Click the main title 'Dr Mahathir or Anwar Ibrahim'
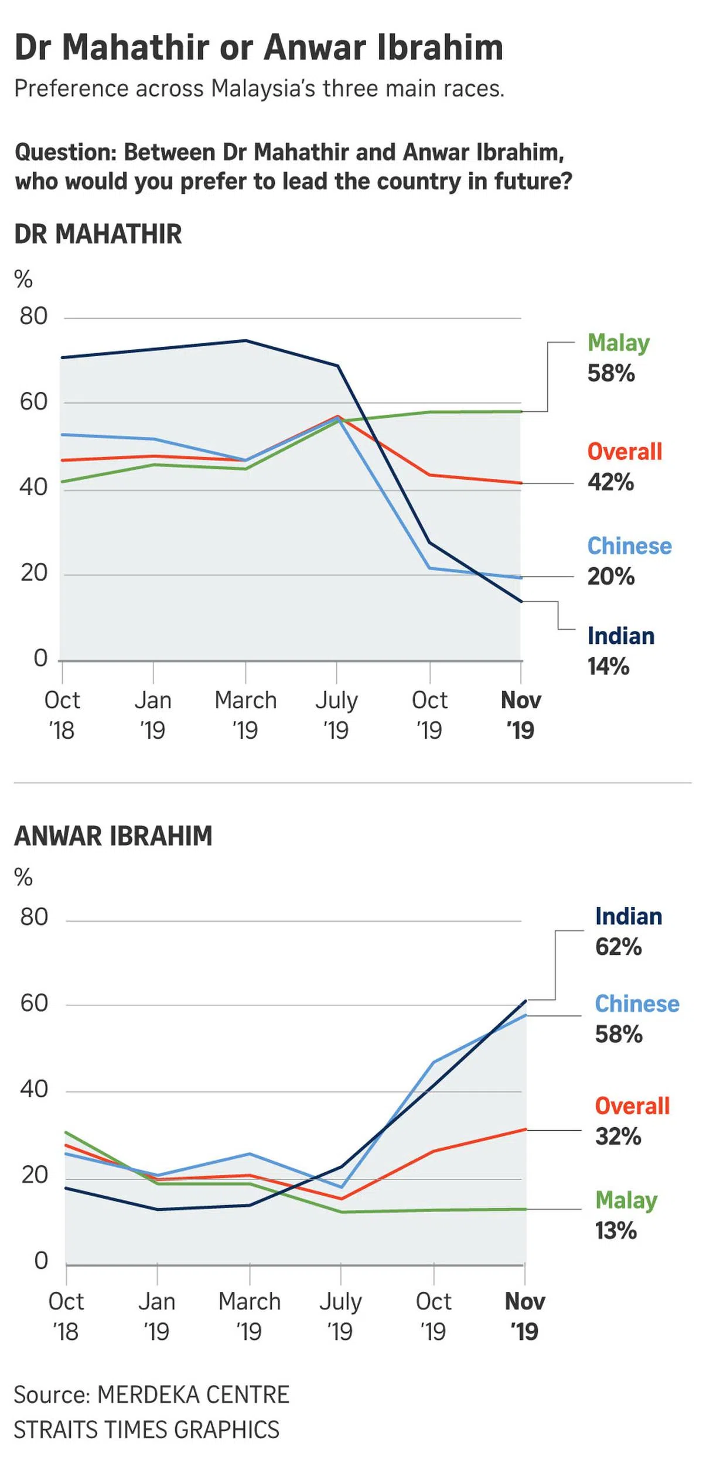pos(258,48)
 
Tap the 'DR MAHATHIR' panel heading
pos(98,234)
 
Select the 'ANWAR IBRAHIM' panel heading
pos(113,836)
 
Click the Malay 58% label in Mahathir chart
pos(618,358)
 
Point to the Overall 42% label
pos(624,467)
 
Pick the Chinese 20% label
pos(629,561)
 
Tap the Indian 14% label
pos(620,651)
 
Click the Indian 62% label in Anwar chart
pos(628,932)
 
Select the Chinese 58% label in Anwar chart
pos(636,1019)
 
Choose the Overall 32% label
pos(632,1121)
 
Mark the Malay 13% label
pos(626,1215)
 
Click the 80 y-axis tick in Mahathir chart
pos(33,316)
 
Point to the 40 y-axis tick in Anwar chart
pos(34,1089)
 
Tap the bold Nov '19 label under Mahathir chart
pos(520,715)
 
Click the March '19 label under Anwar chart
pos(250,1316)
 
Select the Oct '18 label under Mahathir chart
pos(62,715)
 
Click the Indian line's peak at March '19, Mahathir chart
pos(246,340)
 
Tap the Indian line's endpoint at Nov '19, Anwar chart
pos(525,1001)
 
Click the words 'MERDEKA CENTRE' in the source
pos(193,1395)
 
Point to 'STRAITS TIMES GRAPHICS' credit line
pos(146,1430)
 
